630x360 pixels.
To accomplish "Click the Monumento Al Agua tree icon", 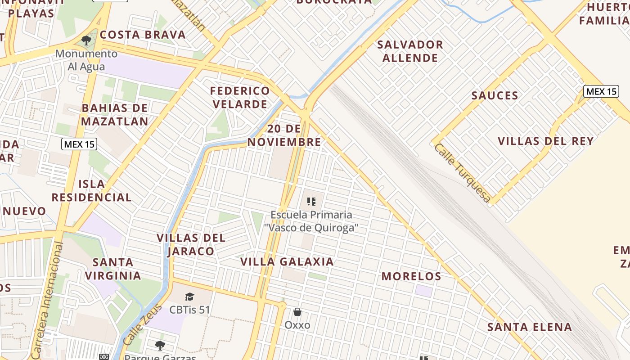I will pos(86,40).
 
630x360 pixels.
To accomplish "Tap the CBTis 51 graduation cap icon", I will pos(189,297).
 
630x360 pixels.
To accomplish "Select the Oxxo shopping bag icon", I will pos(297,311).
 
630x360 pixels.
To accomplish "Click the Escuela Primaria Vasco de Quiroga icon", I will pos(311,201).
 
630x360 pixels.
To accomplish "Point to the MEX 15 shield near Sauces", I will pos(601,91).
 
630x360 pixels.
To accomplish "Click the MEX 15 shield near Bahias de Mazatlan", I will pos(79,144).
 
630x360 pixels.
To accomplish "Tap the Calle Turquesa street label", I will pos(462,173).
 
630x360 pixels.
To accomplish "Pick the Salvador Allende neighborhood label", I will pos(410,51).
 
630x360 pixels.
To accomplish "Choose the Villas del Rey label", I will pos(545,141).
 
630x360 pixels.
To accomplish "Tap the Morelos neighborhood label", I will pos(411,276).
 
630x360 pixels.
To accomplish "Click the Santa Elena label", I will pos(530,327).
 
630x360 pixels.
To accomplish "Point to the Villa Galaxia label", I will pos(287,261).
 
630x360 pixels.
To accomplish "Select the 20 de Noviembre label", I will pos(284,135).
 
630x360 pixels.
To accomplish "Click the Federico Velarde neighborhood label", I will pos(240,97).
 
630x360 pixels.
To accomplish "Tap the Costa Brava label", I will pos(143,35).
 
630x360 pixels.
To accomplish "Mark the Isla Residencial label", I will pos(91,190).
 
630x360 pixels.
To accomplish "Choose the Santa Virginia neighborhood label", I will pos(113,269).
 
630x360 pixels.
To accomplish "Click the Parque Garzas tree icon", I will pos(160,346).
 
